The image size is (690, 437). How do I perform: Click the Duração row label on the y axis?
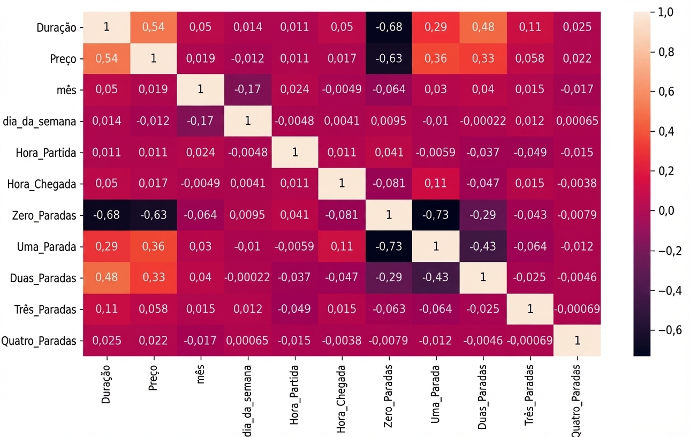coord(56,28)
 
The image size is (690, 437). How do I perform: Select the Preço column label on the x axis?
coord(153,378)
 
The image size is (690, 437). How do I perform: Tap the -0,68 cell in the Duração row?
coord(389,27)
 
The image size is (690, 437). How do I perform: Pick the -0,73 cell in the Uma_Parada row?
coord(389,246)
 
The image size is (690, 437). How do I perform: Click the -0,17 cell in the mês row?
coord(248,89)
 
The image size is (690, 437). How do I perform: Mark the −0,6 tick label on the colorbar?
coord(670,330)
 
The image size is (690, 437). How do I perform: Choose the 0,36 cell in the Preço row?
coord(436,58)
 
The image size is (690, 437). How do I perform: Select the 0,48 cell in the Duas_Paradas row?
coord(107,277)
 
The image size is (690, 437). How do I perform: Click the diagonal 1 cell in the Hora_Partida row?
coord(295,152)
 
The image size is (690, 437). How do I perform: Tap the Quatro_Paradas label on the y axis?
coord(39,341)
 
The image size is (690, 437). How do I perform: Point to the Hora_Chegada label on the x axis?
coord(341,399)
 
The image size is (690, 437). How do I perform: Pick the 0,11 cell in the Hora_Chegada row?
coord(436,184)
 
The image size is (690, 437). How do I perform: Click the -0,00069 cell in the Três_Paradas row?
coord(577,309)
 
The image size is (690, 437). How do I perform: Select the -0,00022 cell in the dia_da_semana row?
coord(483,121)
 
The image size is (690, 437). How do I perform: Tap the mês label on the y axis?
coord(66,90)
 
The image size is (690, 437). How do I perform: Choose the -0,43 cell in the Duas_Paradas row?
coord(436,277)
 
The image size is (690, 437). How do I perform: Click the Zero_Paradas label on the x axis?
coord(388,396)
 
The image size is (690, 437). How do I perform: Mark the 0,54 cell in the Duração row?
coord(154,27)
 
